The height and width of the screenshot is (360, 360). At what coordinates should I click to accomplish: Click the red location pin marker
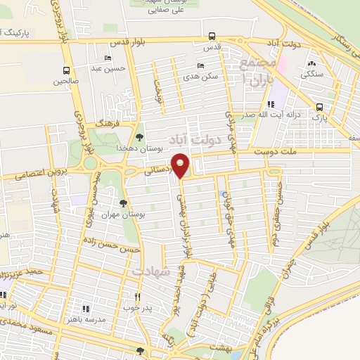pyautogui.click(x=181, y=166)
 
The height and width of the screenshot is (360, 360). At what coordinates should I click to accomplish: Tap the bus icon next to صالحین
pyautogui.click(x=66, y=71)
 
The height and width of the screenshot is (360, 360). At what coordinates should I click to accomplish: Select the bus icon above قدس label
pyautogui.click(x=212, y=37)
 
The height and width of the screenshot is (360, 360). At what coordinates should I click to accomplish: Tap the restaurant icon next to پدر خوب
pyautogui.click(x=139, y=297)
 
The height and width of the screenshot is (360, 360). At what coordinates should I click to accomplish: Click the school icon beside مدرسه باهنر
pyautogui.click(x=86, y=308)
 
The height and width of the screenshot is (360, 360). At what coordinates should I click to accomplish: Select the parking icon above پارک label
pyautogui.click(x=320, y=107)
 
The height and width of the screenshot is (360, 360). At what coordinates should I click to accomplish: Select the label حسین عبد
pyautogui.click(x=111, y=68)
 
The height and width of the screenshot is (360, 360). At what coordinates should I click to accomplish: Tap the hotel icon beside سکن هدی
pyautogui.click(x=201, y=65)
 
